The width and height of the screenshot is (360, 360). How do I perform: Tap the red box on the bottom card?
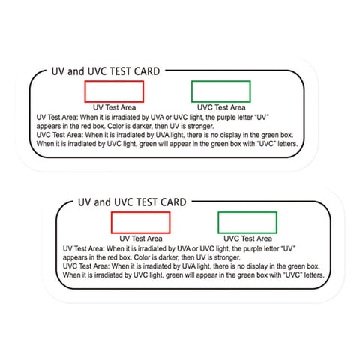coord(140,223)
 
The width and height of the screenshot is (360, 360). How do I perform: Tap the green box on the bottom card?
coord(247,223)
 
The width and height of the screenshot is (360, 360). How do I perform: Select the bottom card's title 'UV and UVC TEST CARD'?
coord(132,202)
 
